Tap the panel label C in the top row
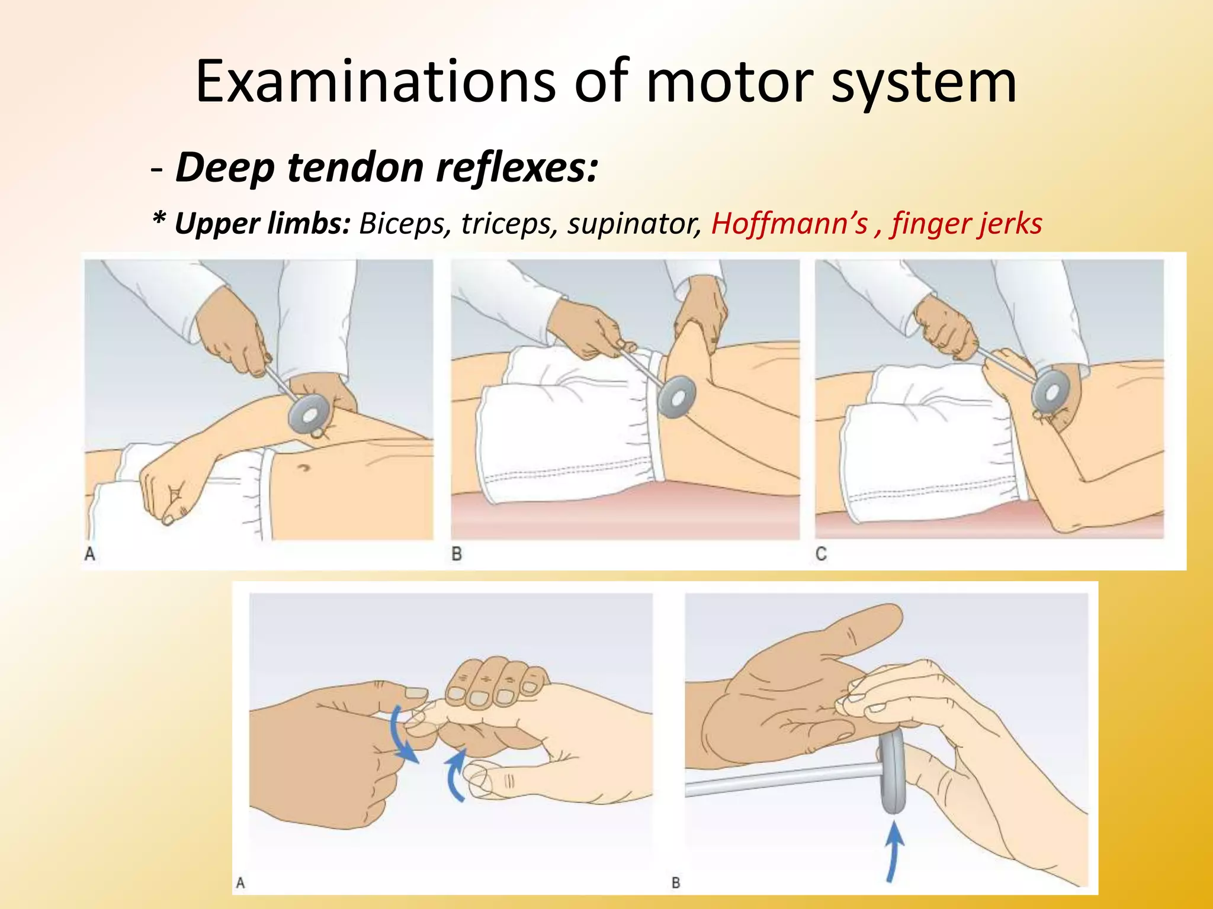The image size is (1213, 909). [821, 554]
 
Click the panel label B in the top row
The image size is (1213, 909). [457, 554]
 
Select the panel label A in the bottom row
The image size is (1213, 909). [240, 883]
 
